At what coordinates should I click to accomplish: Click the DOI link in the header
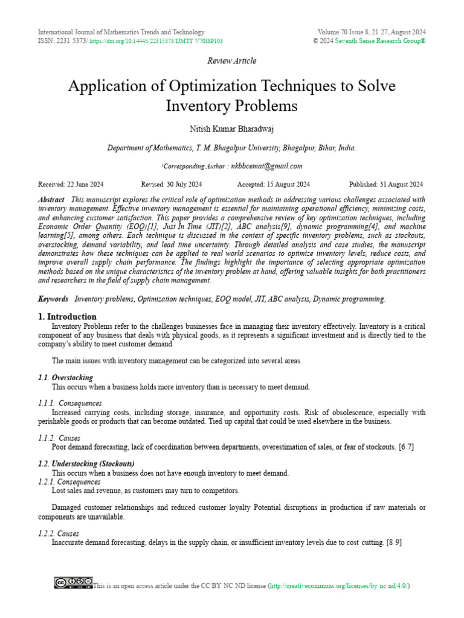point(156,41)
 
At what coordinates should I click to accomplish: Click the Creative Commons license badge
point(73,582)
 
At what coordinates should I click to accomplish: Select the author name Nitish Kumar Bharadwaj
point(231,129)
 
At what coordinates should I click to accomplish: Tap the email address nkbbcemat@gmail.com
point(266,166)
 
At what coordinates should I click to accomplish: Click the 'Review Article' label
point(231,61)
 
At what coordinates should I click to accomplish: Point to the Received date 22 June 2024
point(71,185)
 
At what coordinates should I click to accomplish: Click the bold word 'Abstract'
point(51,200)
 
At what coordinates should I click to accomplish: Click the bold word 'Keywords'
point(53,299)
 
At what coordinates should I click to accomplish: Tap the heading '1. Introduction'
point(67,316)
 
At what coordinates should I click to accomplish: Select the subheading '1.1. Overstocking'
point(65,377)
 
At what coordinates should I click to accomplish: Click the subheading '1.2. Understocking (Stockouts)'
point(86,463)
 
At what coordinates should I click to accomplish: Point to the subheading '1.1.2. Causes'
point(59,438)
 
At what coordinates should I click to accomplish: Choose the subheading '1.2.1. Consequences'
point(69,482)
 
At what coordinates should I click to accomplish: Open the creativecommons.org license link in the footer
point(338,585)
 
